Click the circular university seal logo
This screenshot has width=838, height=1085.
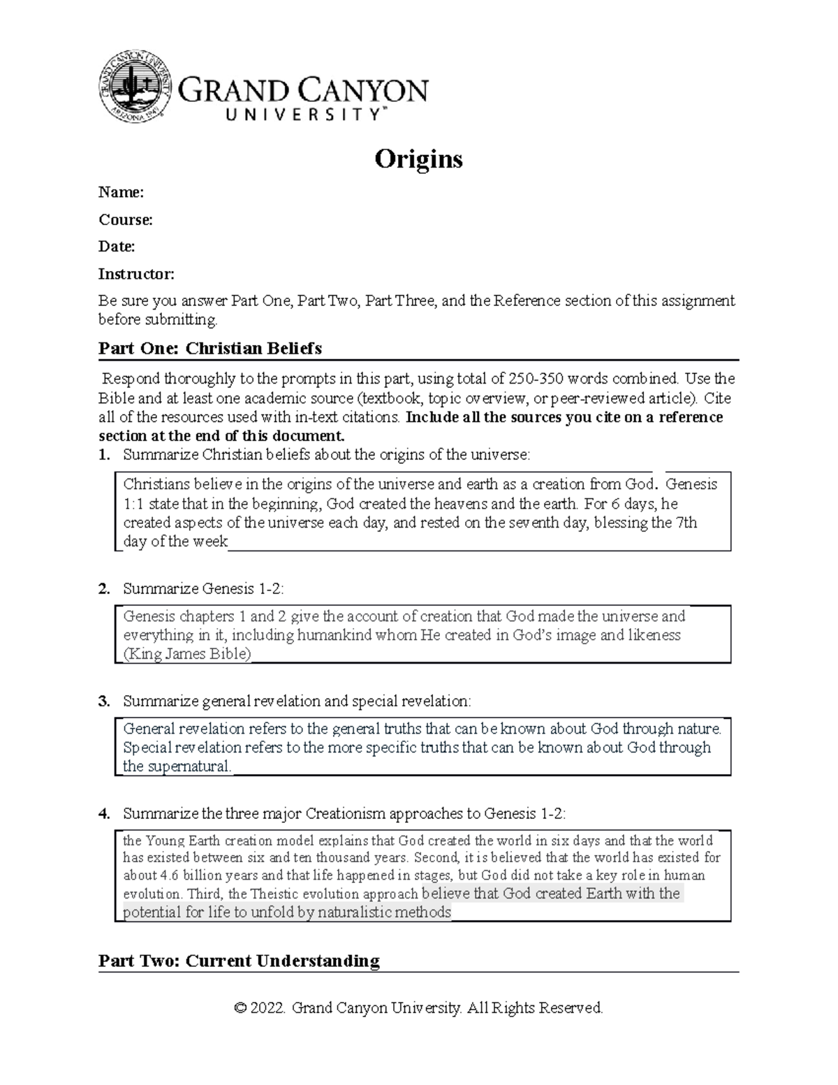point(135,86)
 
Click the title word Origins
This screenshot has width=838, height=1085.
point(418,159)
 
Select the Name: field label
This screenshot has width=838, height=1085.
point(121,192)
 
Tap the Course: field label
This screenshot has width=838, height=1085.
point(125,219)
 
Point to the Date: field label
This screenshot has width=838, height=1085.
point(117,246)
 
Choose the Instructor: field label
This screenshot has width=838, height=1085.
point(136,273)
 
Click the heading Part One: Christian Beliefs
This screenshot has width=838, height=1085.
point(209,348)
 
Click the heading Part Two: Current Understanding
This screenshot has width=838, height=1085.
point(239,961)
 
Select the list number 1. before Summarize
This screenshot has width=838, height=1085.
point(104,455)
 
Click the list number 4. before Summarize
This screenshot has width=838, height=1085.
point(104,814)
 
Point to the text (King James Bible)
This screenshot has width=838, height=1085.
point(186,655)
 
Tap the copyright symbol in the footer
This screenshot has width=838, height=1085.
point(240,1008)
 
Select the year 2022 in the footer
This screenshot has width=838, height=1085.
point(267,1008)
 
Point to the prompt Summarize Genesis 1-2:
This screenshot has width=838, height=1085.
point(203,589)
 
